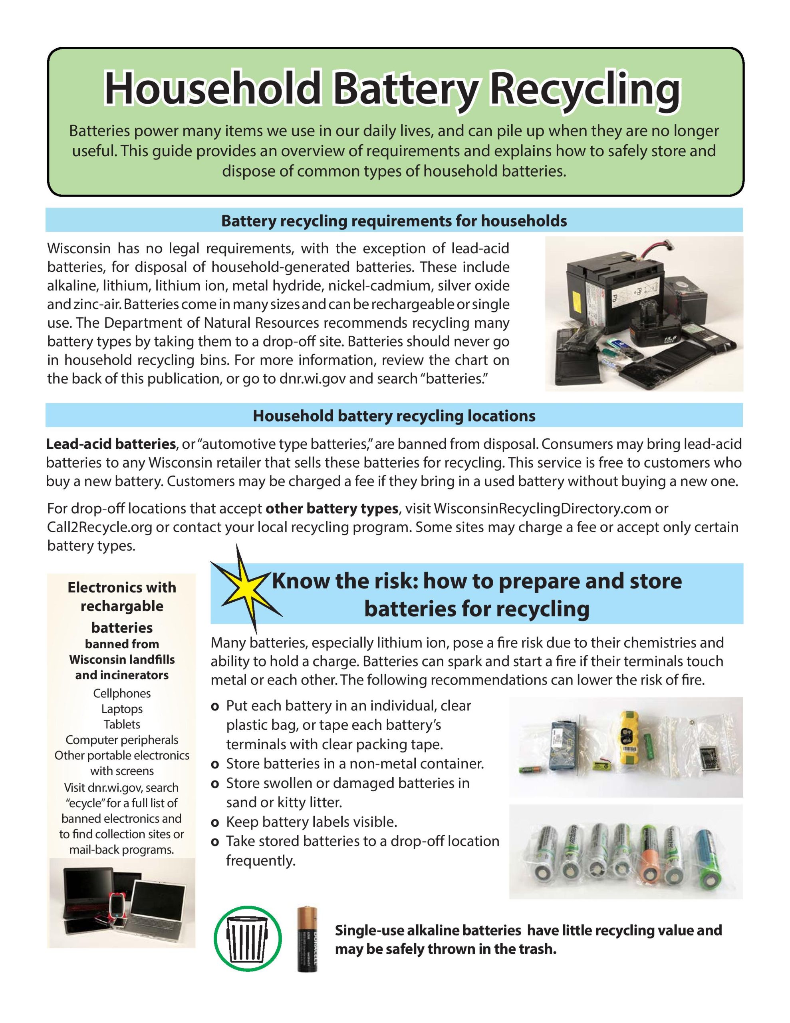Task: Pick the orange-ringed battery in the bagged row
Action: click(x=650, y=861)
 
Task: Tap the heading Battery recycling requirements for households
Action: click(x=394, y=221)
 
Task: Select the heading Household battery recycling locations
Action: click(x=394, y=416)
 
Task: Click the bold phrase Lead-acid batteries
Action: click(x=111, y=444)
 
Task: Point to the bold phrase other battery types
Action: click(x=331, y=508)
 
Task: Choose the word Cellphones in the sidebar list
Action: click(x=122, y=693)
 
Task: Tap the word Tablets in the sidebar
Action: click(x=122, y=724)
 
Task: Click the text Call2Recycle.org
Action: click(x=100, y=527)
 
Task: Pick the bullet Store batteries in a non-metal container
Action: click(x=355, y=764)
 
